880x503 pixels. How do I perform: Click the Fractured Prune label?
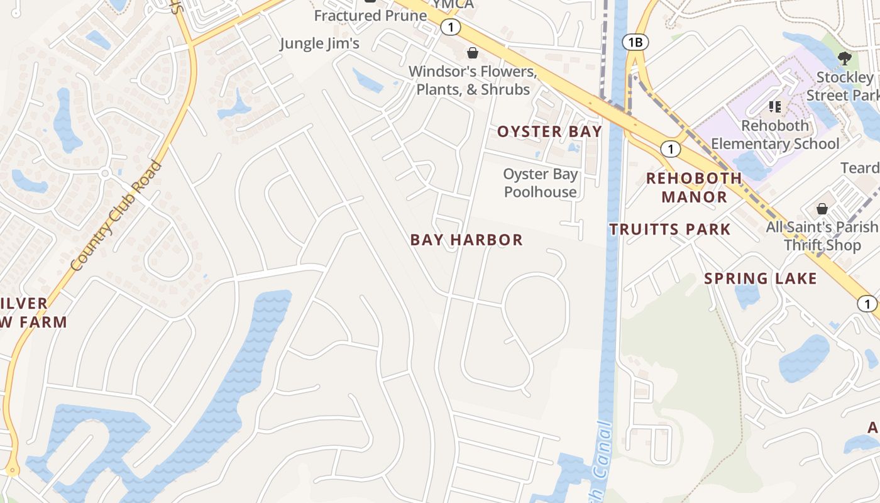(370, 16)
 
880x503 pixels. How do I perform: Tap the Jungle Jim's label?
(319, 43)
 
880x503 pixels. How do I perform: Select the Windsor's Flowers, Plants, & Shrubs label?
(473, 80)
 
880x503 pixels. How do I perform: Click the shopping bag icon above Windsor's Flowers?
(472, 53)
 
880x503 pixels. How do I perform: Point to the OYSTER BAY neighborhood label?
(549, 131)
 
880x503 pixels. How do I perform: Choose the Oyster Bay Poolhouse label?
(541, 183)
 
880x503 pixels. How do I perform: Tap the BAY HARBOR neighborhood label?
(466, 240)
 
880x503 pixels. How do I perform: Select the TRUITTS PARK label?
(670, 229)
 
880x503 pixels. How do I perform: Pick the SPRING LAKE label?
(761, 279)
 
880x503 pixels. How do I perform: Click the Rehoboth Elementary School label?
(775, 135)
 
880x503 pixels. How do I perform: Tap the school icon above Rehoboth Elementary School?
(775, 107)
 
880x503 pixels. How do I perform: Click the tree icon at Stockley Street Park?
(845, 58)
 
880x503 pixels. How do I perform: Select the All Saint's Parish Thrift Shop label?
(822, 236)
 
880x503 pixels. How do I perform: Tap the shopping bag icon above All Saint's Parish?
(822, 208)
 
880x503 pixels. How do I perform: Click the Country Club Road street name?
(116, 216)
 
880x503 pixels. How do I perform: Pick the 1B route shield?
(635, 42)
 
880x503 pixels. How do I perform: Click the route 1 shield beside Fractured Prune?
(451, 27)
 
